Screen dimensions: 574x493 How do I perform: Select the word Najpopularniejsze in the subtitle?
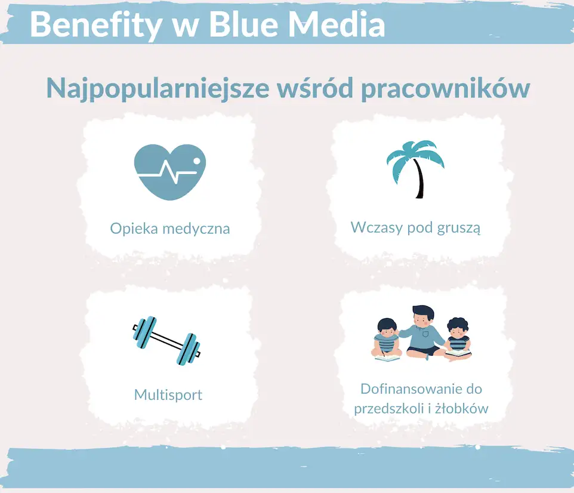pos(158,90)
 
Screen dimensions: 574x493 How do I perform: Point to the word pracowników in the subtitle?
pos(446,88)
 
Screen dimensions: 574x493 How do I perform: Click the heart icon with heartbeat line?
pos(170,172)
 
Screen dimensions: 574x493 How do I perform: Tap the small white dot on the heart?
pos(196,161)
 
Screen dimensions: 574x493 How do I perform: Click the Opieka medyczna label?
pos(170,229)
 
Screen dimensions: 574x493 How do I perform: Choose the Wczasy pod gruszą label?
pos(415,227)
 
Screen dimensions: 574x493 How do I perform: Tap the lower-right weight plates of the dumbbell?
pos(188,349)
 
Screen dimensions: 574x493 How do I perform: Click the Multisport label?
pos(168,395)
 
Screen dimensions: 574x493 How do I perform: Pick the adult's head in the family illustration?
pos(423,316)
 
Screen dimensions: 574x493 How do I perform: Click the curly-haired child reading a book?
pos(457,339)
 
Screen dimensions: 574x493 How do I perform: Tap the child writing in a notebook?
pos(387,340)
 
